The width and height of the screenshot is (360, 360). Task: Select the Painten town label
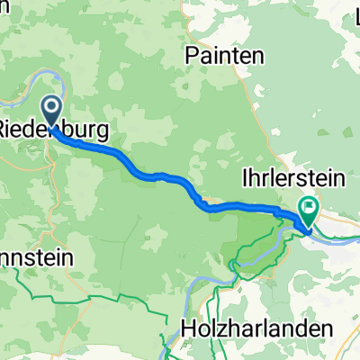tap(225, 55)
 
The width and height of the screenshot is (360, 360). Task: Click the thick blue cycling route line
tap(162, 176)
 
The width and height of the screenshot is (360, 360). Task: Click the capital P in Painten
tap(191, 55)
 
